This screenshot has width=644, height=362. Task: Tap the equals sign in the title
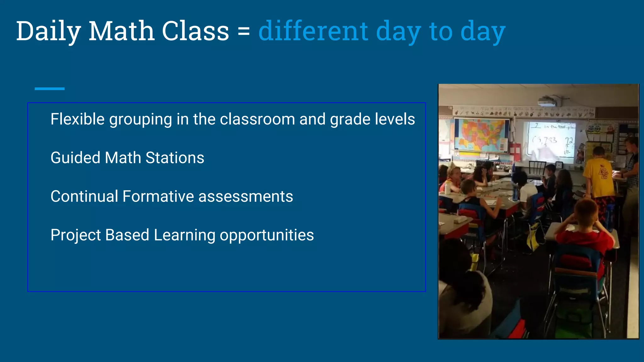244,31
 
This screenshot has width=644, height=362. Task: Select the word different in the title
313,31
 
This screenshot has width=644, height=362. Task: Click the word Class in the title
195,31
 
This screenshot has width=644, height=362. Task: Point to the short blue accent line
49,89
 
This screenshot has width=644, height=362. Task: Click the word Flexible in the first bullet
77,119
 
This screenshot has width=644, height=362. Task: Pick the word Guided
75,158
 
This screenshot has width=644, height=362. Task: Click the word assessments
246,196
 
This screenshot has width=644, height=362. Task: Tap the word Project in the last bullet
75,235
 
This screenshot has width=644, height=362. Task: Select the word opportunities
267,235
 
